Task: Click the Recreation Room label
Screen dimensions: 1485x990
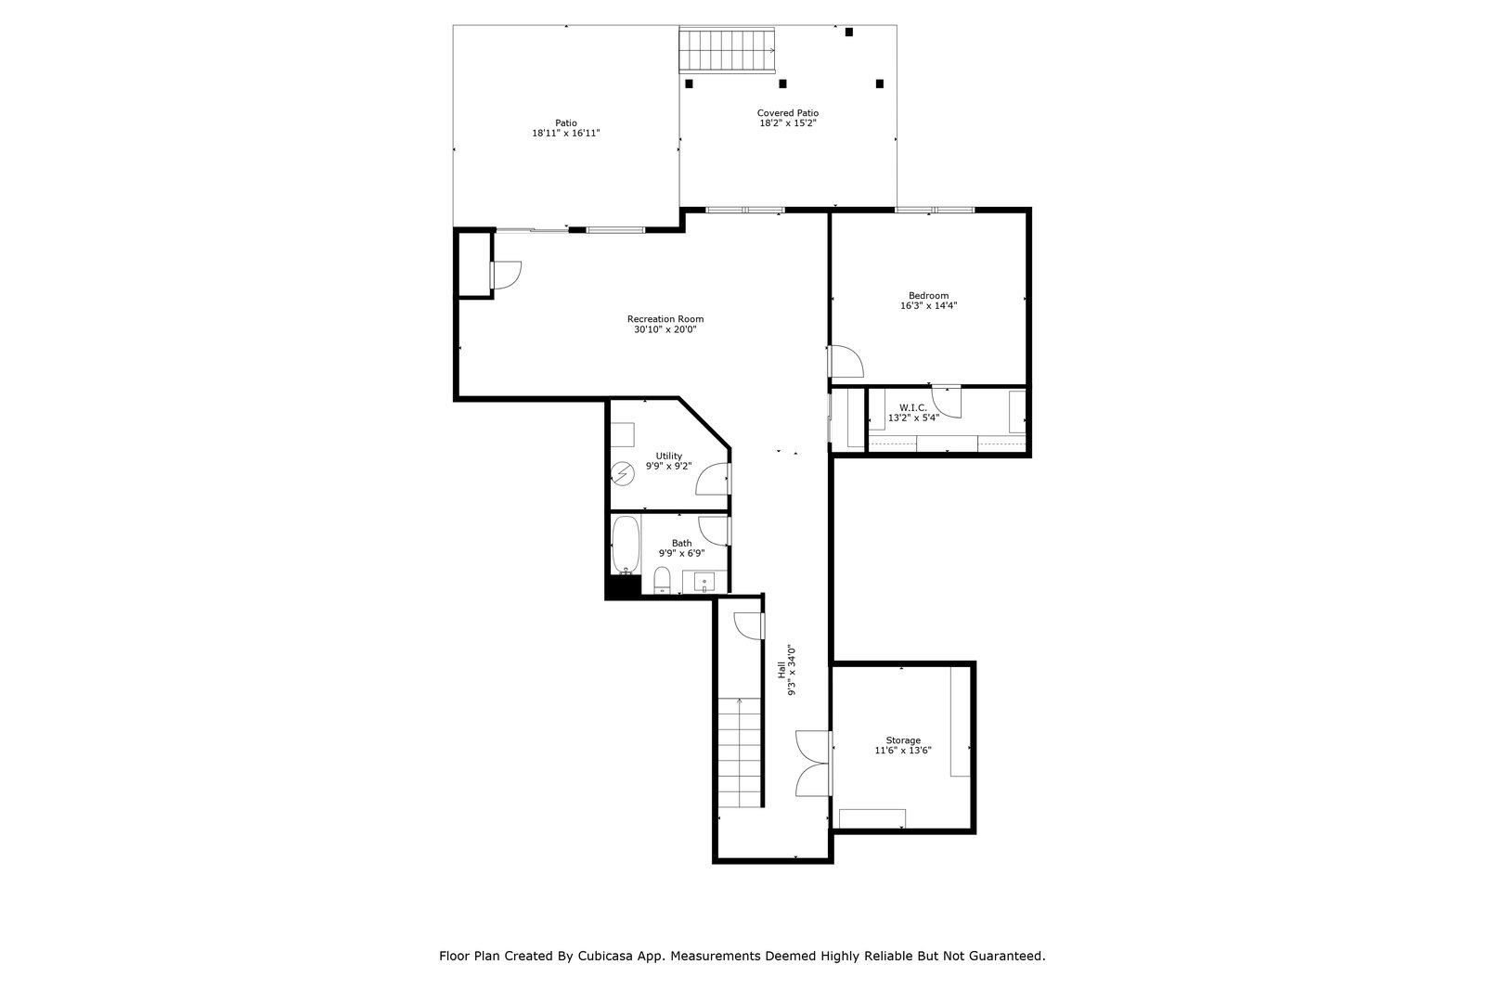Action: click(x=665, y=319)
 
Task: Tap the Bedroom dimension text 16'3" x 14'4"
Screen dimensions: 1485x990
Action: click(x=928, y=305)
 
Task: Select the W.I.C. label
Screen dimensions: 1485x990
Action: click(x=913, y=407)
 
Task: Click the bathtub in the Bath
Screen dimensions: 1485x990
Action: click(x=626, y=545)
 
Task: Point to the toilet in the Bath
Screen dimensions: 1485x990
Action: click(x=662, y=581)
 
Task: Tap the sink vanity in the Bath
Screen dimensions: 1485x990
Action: click(x=704, y=582)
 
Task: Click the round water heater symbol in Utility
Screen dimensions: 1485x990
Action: click(x=623, y=474)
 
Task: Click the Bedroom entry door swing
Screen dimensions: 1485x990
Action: click(x=846, y=361)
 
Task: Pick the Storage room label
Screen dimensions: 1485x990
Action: click(x=903, y=740)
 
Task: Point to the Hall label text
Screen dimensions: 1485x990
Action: click(x=781, y=670)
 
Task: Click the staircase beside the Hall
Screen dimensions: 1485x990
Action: click(x=740, y=752)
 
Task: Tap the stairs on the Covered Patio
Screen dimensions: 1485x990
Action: click(x=727, y=50)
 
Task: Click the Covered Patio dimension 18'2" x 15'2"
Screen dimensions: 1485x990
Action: click(x=788, y=122)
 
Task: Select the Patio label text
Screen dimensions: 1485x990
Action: click(x=565, y=122)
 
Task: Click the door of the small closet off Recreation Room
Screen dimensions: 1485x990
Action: click(x=507, y=275)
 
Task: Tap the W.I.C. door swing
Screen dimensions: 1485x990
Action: click(x=947, y=402)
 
